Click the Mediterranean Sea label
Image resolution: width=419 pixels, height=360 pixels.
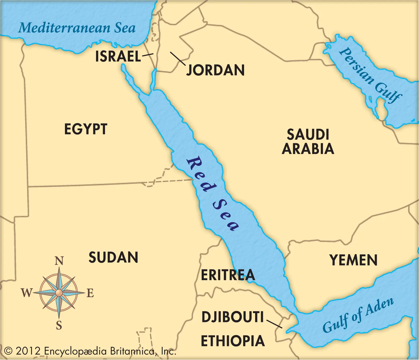point(77,28)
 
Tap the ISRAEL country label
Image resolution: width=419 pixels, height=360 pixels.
point(118,56)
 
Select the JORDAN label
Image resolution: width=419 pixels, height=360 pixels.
point(215,70)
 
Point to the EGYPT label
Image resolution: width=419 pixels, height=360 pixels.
point(86,129)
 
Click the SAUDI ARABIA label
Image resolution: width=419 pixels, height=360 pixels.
point(308,142)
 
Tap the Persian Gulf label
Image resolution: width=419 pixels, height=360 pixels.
point(370,75)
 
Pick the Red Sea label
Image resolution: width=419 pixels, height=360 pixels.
point(212,193)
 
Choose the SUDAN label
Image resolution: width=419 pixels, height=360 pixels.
point(113,257)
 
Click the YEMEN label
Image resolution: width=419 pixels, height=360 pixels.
point(354,260)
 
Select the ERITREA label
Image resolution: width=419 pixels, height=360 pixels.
point(228,275)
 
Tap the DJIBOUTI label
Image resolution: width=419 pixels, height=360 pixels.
point(233,317)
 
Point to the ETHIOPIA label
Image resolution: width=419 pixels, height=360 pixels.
point(233,341)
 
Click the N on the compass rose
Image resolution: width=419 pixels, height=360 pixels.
point(59,261)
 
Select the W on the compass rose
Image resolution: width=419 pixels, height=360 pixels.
point(26,293)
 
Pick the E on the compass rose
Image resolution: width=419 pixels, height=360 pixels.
point(90,293)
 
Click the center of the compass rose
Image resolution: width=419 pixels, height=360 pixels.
point(59,293)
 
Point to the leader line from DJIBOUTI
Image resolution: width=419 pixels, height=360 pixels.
point(274,324)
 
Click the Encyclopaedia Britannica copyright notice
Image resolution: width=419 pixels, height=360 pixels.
point(90,351)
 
